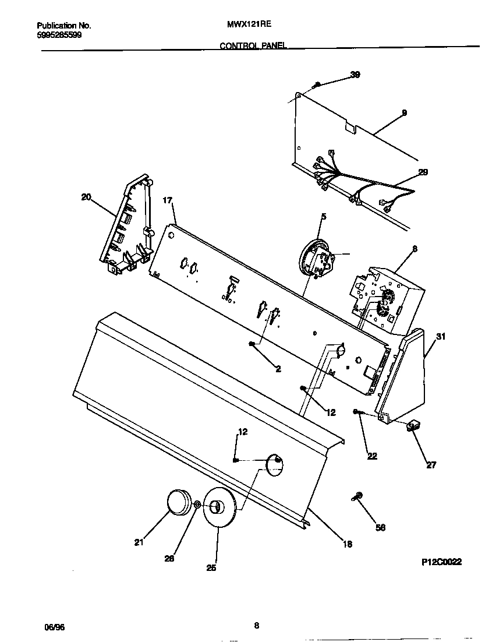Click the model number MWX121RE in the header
[245, 26]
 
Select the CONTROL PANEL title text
[253, 45]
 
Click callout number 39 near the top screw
[355, 75]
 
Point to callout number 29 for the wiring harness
[423, 172]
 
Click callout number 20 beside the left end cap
[86, 197]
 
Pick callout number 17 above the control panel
[168, 201]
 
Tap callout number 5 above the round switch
[324, 217]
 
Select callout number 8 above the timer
[414, 249]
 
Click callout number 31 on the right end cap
[441, 336]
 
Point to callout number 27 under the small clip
[431, 465]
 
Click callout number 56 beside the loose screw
[381, 528]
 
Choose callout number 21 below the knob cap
[139, 543]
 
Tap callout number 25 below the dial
[211, 568]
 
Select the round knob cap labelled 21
[180, 502]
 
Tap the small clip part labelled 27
[414, 427]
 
